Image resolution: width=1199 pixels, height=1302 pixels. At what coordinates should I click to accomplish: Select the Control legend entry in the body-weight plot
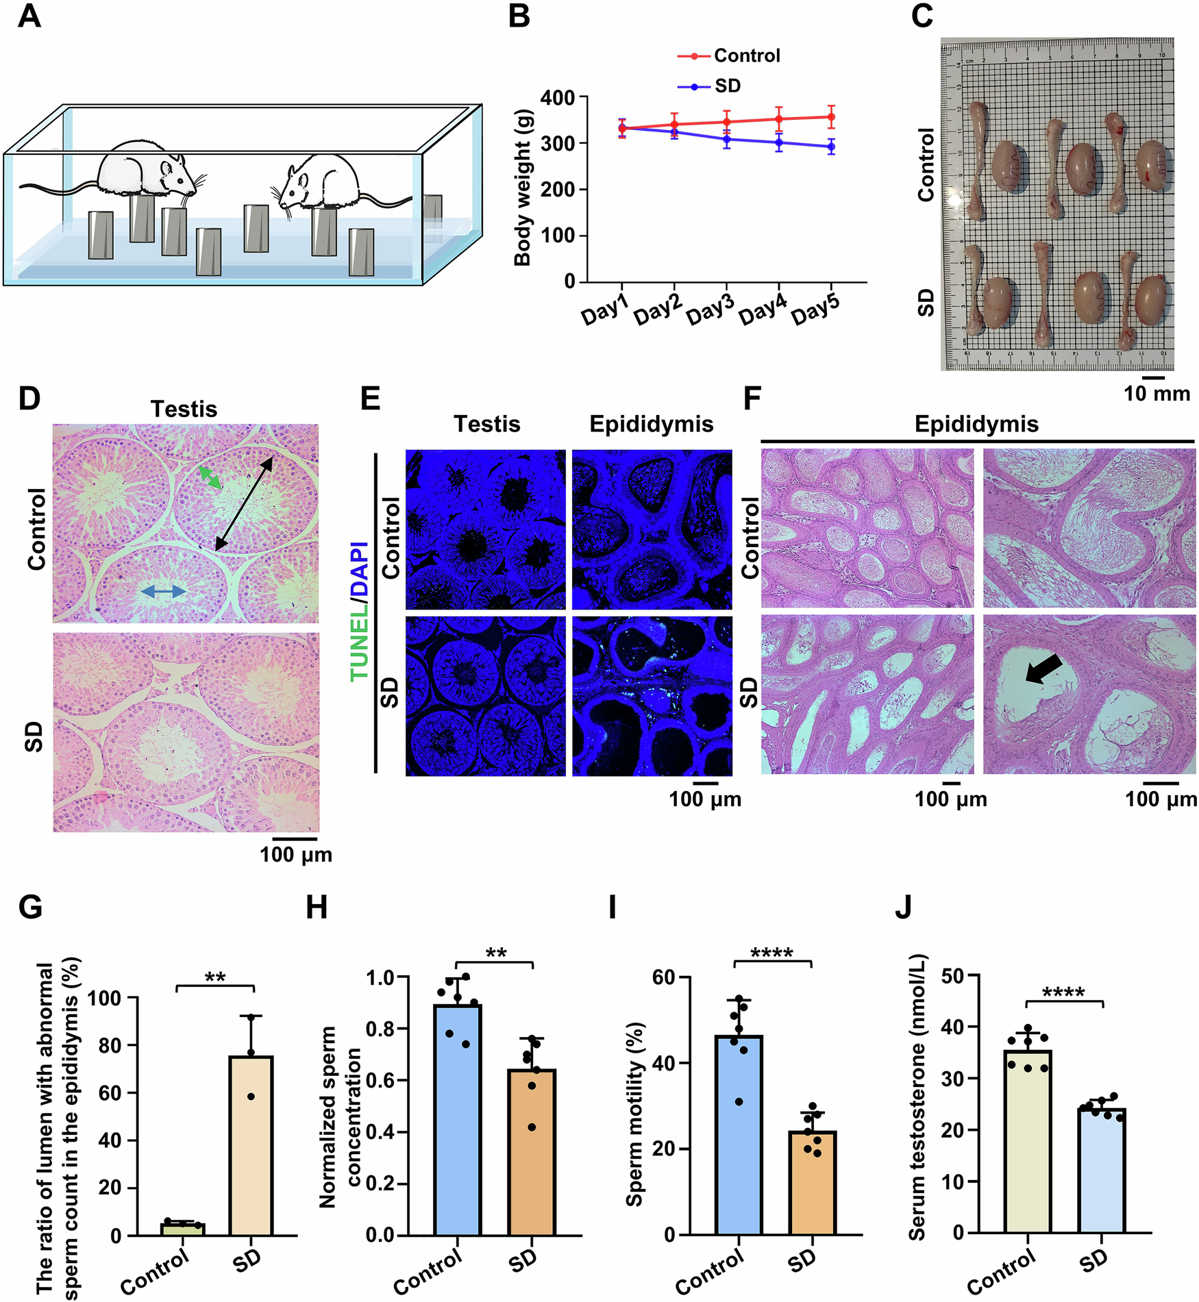point(746,55)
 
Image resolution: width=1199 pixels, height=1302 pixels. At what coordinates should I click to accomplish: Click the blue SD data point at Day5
point(831,147)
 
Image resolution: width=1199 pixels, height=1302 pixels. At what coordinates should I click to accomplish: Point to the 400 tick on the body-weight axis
point(558,97)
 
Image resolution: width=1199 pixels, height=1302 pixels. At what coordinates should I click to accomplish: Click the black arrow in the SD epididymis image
point(1043,668)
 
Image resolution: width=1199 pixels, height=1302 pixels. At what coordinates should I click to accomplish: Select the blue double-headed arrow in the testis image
point(163,592)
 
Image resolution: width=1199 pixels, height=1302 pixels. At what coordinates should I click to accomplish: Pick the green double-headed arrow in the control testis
point(210,478)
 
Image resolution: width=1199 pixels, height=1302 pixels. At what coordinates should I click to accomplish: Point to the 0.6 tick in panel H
point(380,1081)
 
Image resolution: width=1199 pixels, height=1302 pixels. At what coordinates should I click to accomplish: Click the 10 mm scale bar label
point(1157,393)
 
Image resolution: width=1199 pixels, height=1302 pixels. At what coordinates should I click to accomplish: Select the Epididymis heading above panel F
point(976,424)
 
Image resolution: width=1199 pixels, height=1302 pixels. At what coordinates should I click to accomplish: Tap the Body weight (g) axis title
point(523,188)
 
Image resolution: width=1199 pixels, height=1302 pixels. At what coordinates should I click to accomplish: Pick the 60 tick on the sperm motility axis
point(664,977)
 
